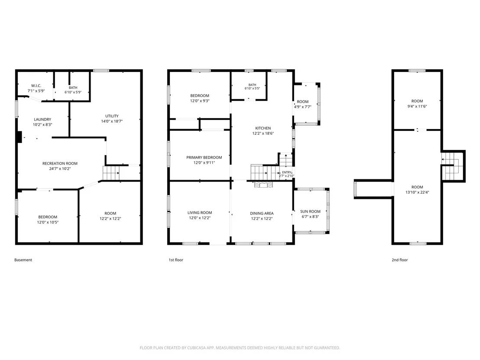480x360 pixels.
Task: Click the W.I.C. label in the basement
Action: click(36, 86)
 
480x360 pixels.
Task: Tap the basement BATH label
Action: click(73, 88)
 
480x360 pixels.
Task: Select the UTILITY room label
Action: click(112, 116)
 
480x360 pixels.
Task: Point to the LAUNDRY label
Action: click(42, 120)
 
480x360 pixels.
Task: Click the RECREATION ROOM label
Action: click(60, 163)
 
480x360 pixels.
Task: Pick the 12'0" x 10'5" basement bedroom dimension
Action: click(48, 222)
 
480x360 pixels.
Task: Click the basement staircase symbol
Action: click(111, 173)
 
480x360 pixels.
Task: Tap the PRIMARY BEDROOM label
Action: click(204, 157)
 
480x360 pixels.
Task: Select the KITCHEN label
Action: click(263, 128)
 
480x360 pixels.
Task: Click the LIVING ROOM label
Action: click(200, 212)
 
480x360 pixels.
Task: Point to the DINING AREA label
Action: click(262, 214)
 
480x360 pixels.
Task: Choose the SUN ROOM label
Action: click(311, 211)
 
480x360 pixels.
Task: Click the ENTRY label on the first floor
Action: click(287, 172)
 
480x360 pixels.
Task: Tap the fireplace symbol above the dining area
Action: click(263, 184)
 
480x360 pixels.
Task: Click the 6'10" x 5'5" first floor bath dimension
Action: click(252, 88)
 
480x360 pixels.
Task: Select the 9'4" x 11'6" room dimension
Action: click(417, 106)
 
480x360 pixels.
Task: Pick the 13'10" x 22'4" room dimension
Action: click(417, 192)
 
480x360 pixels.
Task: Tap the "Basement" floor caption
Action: click(23, 260)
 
